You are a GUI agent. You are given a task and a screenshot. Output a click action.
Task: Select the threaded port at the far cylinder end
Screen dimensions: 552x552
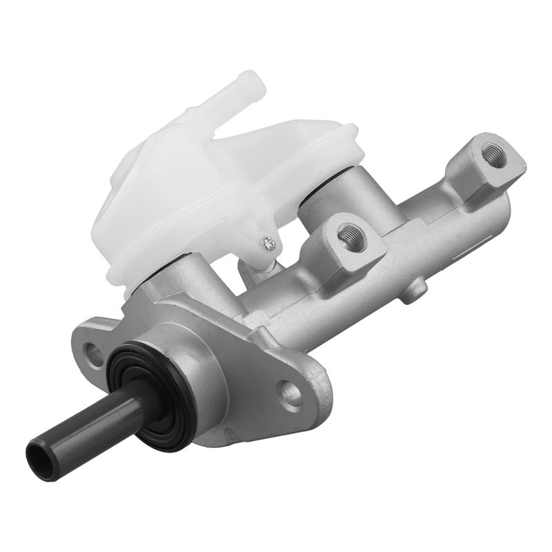(493, 155)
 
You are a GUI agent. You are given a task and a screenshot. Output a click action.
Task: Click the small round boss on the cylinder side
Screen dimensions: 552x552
(413, 290)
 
